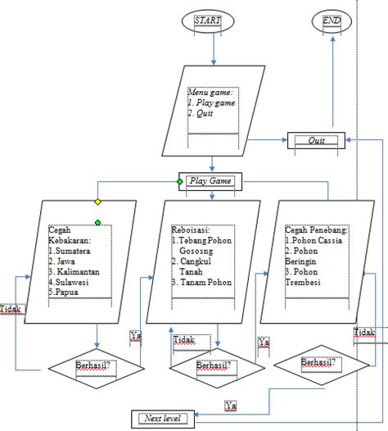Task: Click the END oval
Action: coord(332,20)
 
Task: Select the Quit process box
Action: coord(316,140)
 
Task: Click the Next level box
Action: coord(160,419)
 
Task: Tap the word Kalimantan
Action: coord(77,270)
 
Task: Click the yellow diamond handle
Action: coord(97,201)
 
